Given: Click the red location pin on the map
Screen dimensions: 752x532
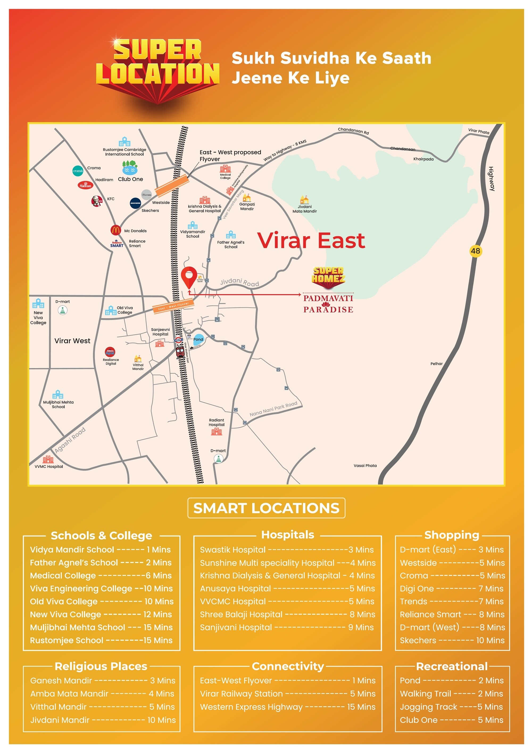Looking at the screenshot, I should coord(189,276).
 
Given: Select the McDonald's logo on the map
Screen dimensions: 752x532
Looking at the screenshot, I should coord(116,230).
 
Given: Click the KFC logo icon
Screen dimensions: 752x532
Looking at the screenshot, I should coord(97,201).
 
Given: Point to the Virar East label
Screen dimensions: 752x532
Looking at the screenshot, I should coord(311,241).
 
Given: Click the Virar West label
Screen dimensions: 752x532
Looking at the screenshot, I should coord(72,341).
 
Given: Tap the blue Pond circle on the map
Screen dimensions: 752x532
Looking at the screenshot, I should coord(198,339).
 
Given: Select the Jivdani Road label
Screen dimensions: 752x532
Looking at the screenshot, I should coord(239,282).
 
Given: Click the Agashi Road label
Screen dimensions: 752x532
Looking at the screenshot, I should coord(70,440).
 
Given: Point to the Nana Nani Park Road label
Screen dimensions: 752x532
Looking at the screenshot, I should coord(273,409).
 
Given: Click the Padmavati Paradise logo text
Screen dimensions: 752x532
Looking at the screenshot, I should coord(328,304).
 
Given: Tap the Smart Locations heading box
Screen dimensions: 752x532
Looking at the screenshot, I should coord(266,508).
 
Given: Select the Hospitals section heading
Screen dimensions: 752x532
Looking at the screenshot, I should coord(288,535).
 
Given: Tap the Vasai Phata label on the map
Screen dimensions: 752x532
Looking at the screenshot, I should coord(365,465).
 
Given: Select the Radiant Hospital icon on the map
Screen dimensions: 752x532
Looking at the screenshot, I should coord(217,432).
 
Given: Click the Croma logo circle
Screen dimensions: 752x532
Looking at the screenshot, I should coord(78,171).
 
